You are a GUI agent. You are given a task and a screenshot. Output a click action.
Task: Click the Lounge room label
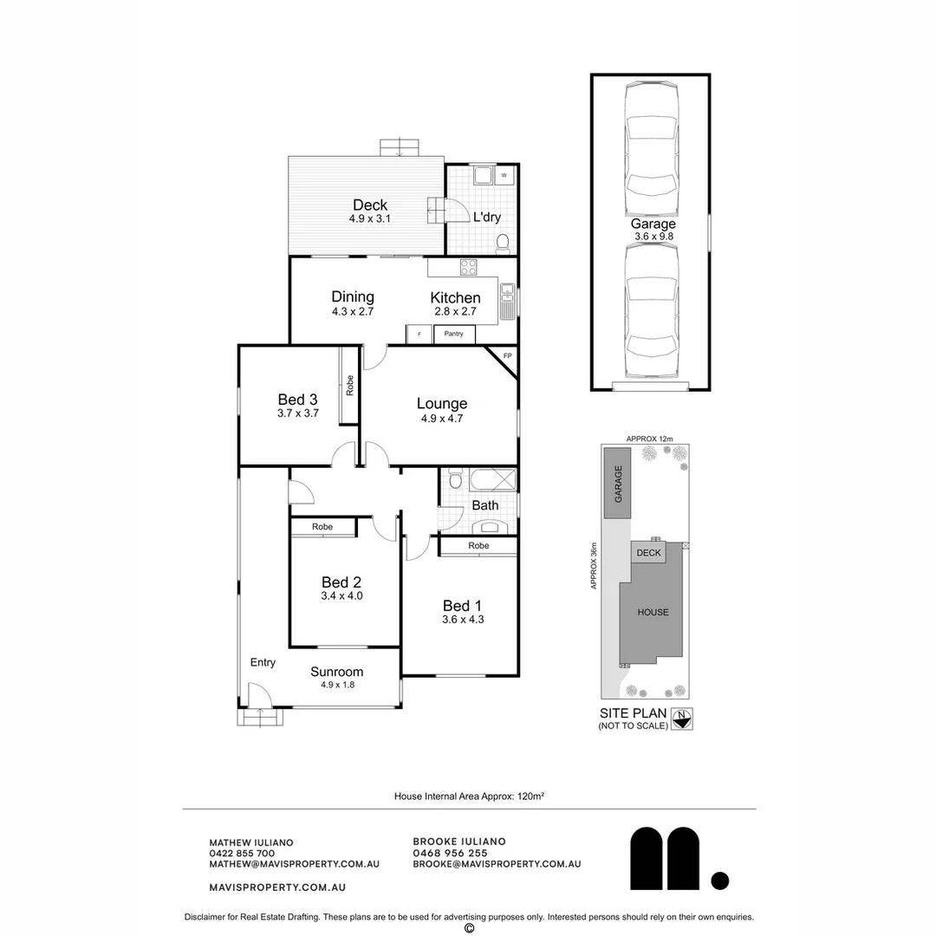click(x=441, y=403)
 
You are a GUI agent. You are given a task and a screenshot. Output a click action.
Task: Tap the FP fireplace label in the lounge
click(x=507, y=356)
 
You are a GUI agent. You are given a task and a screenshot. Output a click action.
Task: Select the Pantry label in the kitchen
click(x=453, y=334)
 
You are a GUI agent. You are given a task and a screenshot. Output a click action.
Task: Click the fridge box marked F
click(x=419, y=334)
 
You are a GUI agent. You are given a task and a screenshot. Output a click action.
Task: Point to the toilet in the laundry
click(x=503, y=244)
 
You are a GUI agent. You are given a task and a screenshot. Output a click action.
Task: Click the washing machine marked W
click(x=504, y=176)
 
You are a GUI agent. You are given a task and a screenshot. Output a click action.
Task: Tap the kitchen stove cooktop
click(x=468, y=267)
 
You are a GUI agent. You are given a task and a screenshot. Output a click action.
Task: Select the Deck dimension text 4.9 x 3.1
click(x=370, y=219)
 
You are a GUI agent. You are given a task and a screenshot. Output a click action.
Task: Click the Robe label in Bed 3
click(x=349, y=386)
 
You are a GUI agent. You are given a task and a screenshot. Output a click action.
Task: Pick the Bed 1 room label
click(x=462, y=606)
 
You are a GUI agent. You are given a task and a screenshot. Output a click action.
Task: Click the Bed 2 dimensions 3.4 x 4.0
click(x=341, y=595)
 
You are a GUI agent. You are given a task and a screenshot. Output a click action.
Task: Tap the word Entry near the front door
click(x=263, y=662)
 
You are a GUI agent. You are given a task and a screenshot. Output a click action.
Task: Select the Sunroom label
click(x=337, y=672)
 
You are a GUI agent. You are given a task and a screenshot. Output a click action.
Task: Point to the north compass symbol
click(x=683, y=718)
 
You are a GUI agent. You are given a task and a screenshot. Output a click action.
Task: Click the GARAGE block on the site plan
click(x=618, y=484)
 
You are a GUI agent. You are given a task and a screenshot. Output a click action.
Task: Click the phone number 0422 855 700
click(x=242, y=853)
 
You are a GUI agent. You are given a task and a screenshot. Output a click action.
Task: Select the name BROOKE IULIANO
click(x=459, y=842)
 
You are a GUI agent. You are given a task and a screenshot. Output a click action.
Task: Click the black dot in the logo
click(x=720, y=881)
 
